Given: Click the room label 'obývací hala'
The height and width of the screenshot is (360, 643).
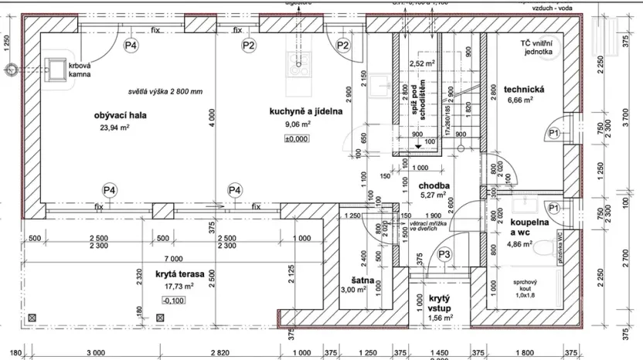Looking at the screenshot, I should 121,116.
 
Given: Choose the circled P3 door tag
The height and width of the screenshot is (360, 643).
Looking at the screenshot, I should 444,254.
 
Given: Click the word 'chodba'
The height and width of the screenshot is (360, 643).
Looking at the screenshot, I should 434,185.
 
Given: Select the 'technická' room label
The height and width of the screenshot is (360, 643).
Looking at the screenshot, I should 526,89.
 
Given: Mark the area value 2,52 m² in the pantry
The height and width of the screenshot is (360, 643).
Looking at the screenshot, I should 421,63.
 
